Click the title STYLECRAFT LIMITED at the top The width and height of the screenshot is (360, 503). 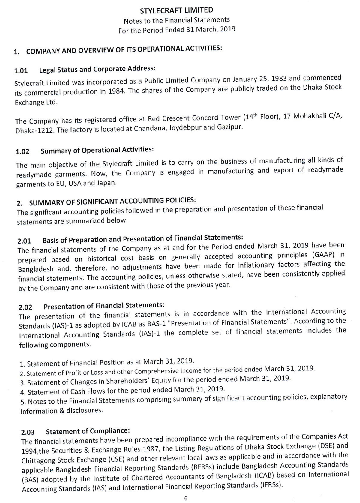coord(177,10)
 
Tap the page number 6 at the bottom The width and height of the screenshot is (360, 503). coord(186,498)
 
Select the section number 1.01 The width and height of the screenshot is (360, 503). coord(21,71)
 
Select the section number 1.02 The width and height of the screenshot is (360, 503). coord(22,151)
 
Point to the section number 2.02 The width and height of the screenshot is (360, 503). coord(25,307)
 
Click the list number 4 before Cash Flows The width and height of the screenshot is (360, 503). coord(22,393)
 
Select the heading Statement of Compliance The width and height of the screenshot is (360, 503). coord(88,431)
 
